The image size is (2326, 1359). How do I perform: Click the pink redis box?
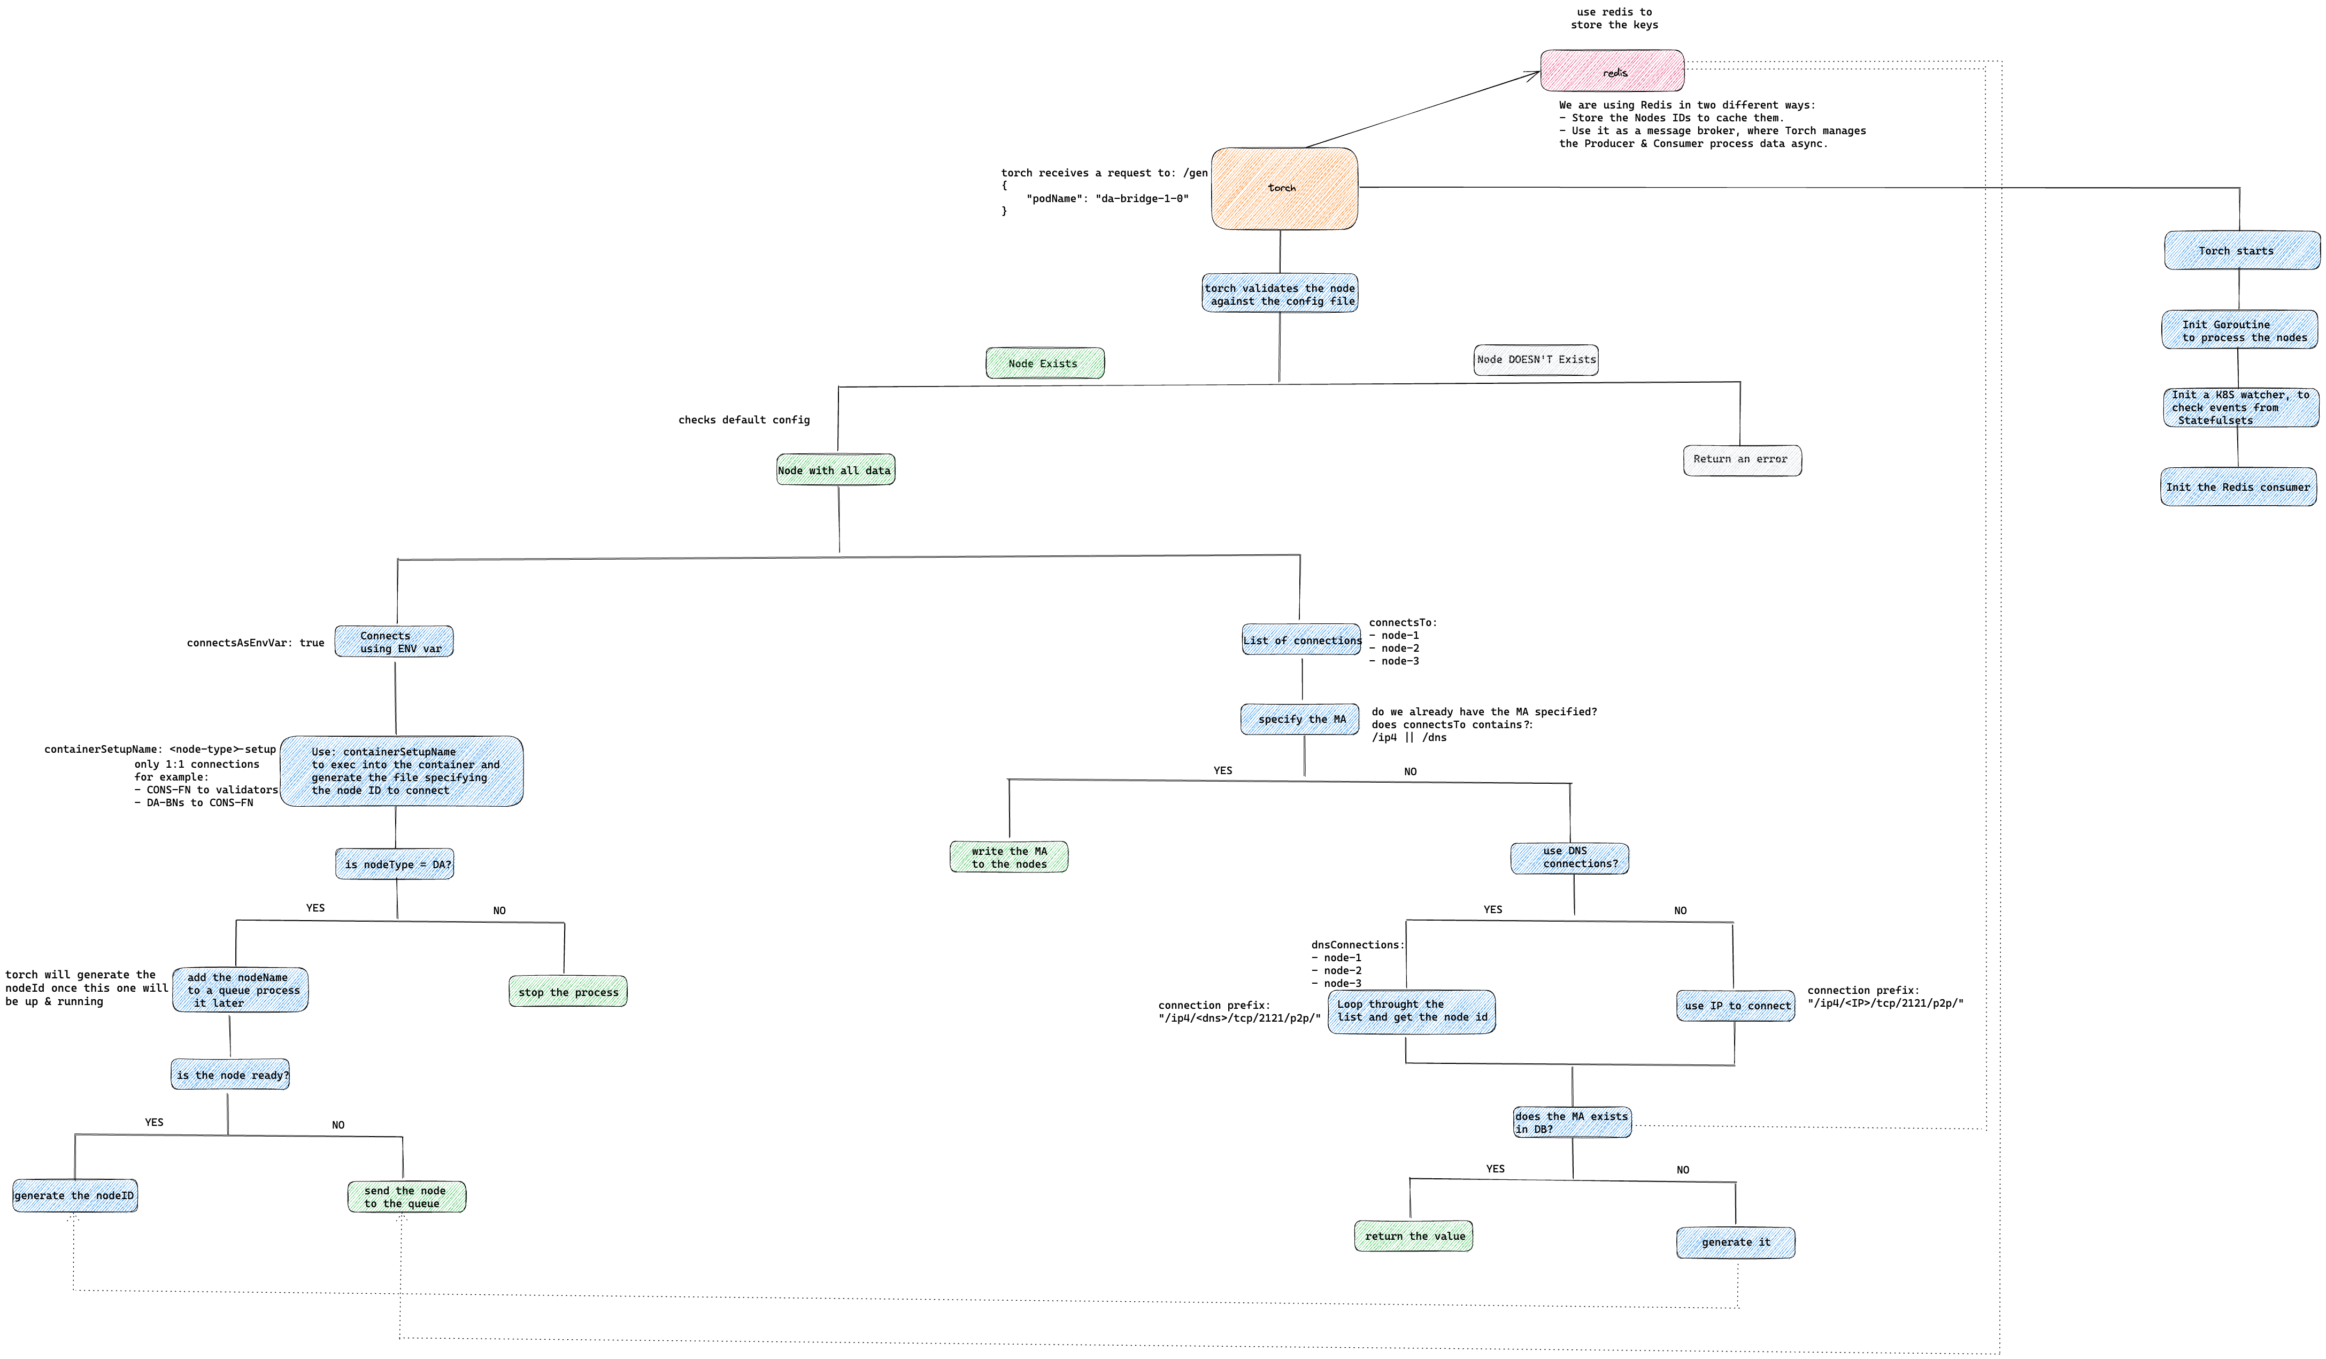pyautogui.click(x=1612, y=71)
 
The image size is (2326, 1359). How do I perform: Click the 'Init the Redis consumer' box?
pyautogui.click(x=2237, y=487)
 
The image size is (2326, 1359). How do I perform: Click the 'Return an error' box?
pyautogui.click(x=1742, y=459)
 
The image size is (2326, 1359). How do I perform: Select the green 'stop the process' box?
pyautogui.click(x=568, y=992)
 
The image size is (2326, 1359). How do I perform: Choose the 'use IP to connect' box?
pyautogui.click(x=1735, y=1006)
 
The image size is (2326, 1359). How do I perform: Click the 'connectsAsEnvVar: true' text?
pyautogui.click(x=256, y=643)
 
